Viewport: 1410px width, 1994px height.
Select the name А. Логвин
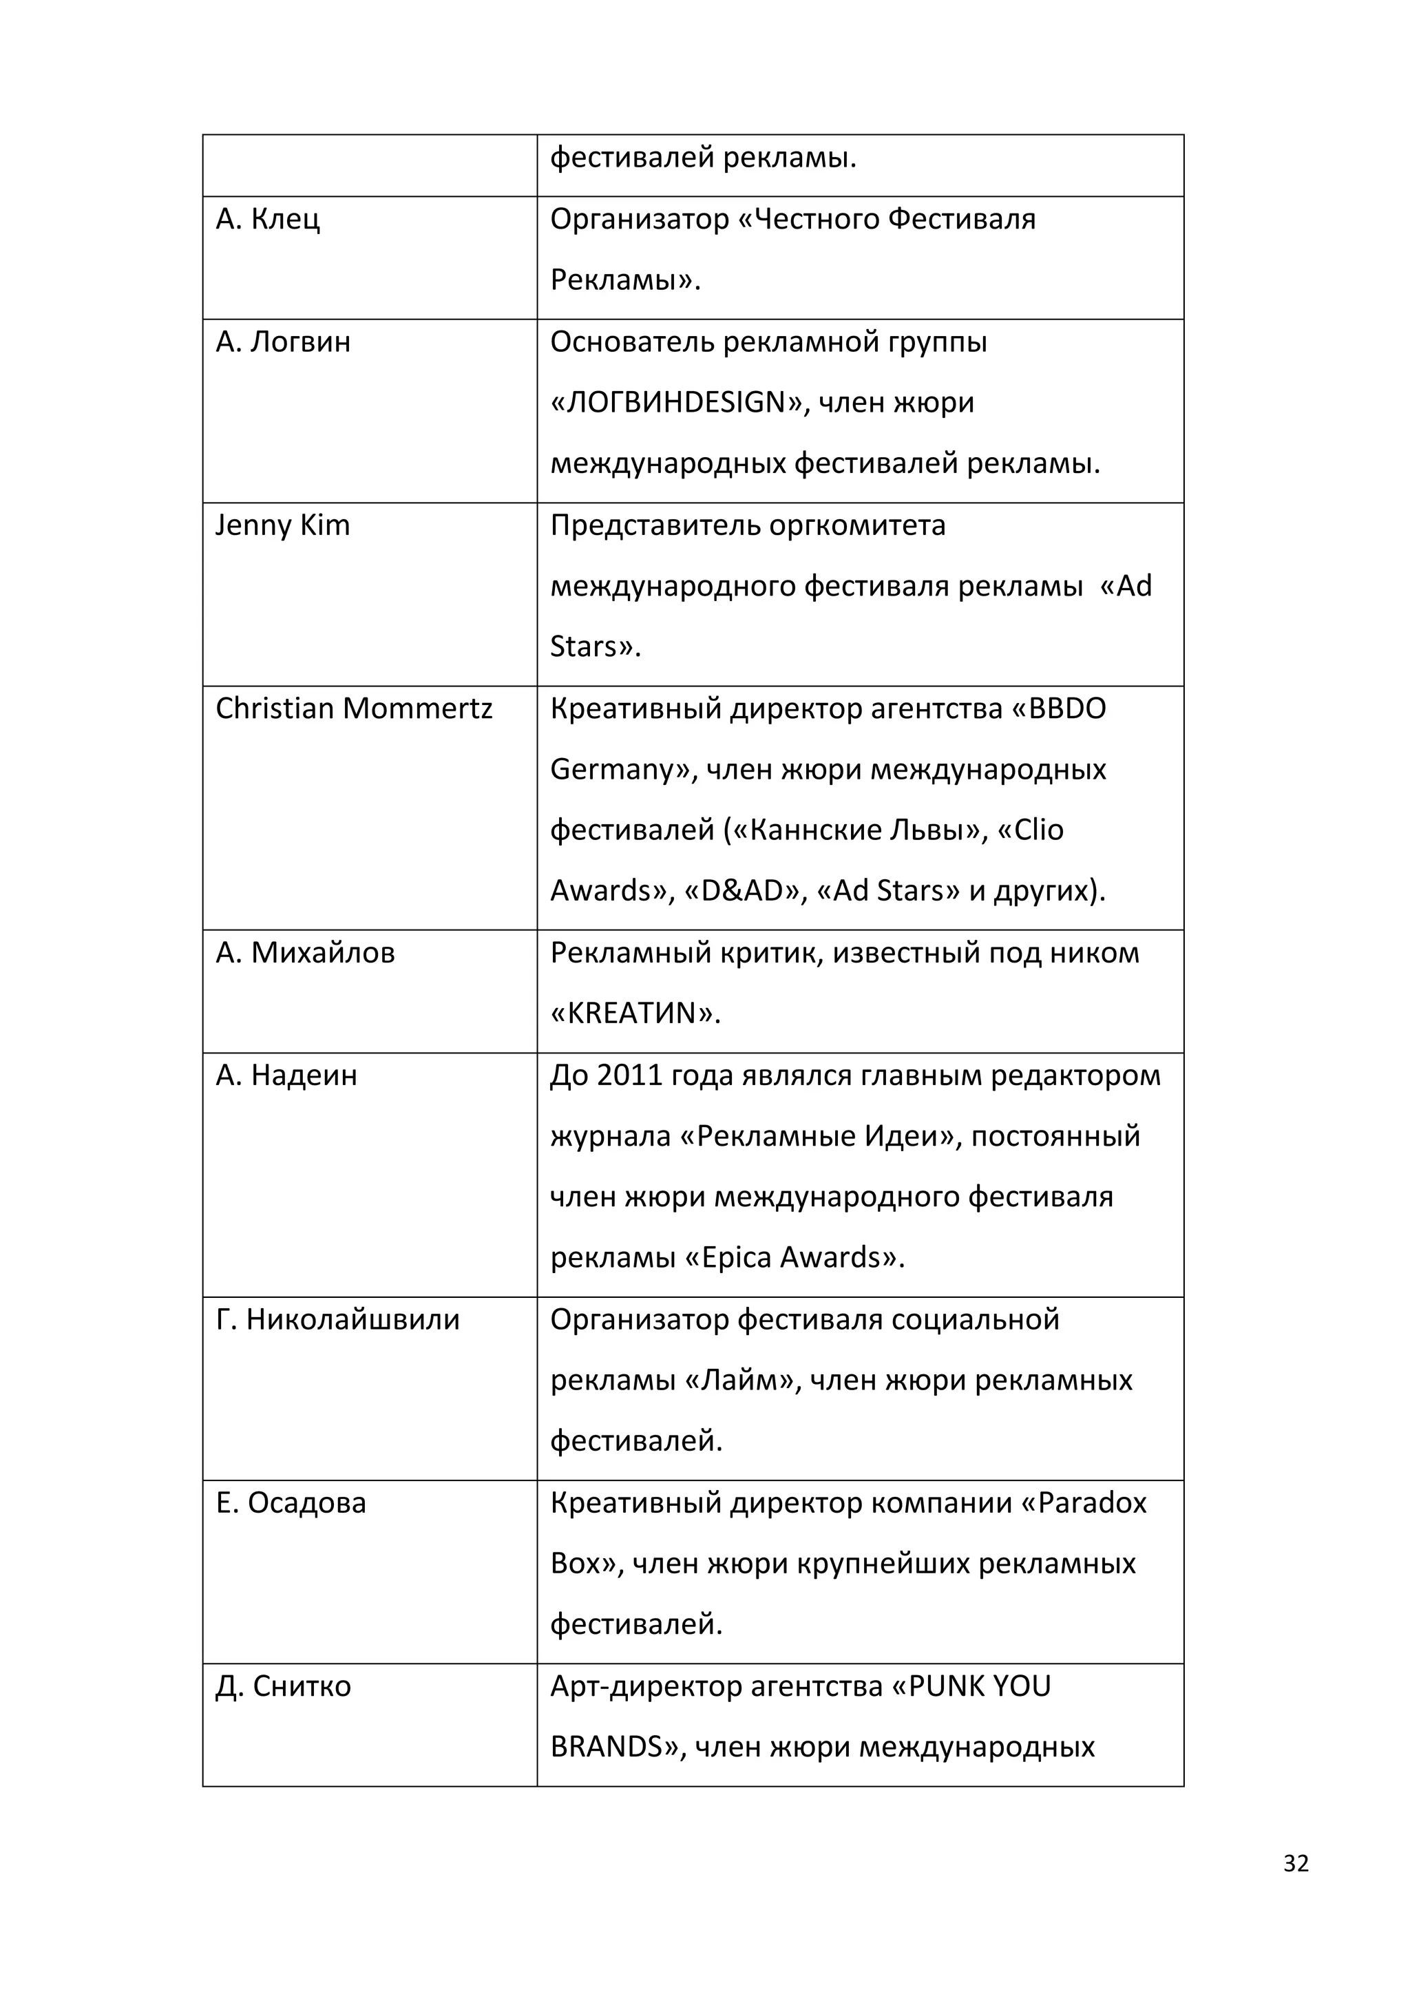(x=283, y=342)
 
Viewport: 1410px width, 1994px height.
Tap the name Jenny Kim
(x=282, y=526)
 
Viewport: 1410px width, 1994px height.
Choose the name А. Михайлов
(x=305, y=954)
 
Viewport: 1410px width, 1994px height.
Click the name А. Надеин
(x=286, y=1076)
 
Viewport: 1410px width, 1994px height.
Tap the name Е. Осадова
(x=290, y=1503)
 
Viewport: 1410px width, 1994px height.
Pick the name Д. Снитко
(x=283, y=1686)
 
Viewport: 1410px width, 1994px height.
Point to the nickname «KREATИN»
(x=635, y=1014)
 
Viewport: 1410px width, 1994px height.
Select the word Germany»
(x=623, y=770)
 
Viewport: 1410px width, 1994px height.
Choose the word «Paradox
(x=1084, y=1503)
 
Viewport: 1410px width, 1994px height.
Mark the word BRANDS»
(x=619, y=1748)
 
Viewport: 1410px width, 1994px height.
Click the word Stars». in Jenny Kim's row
(x=595, y=648)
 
